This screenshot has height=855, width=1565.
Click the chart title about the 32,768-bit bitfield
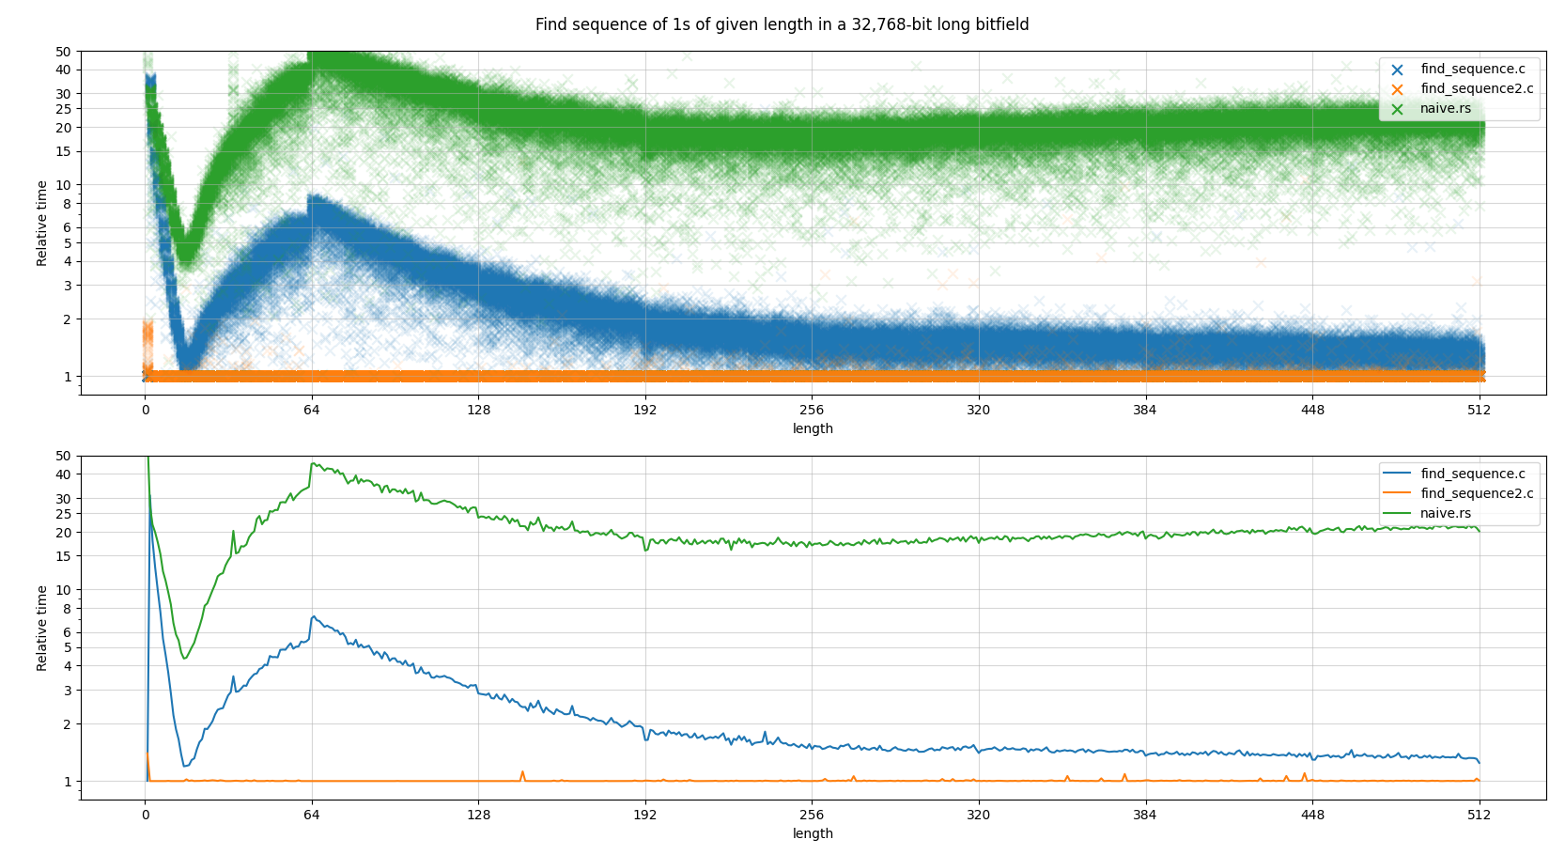click(782, 24)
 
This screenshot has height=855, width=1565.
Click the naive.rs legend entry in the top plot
click(1445, 109)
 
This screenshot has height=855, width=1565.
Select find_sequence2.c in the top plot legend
click(1476, 89)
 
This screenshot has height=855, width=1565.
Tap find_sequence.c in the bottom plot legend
click(1472, 474)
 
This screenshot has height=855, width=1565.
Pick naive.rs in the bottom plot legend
click(1445, 514)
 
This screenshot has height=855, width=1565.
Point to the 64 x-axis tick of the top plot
click(312, 410)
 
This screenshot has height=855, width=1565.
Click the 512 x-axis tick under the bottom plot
click(1479, 815)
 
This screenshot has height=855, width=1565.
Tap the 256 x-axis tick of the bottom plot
click(812, 815)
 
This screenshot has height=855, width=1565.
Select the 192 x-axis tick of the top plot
click(645, 410)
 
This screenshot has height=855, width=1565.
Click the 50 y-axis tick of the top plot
click(63, 52)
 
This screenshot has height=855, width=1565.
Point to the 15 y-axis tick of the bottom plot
click(63, 556)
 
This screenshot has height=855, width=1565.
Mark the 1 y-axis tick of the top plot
click(67, 377)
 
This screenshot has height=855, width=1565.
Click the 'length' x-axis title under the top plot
click(813, 428)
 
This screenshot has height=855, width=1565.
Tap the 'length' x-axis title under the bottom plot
click(813, 833)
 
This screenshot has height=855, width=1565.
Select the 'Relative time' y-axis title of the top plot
click(42, 223)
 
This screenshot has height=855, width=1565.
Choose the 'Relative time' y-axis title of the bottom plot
click(42, 628)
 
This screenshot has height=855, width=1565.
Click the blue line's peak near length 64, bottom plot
click(314, 616)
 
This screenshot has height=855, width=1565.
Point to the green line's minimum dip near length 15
click(185, 658)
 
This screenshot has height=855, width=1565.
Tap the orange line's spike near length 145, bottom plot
click(522, 772)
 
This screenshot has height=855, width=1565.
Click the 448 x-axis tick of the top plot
click(1312, 410)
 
